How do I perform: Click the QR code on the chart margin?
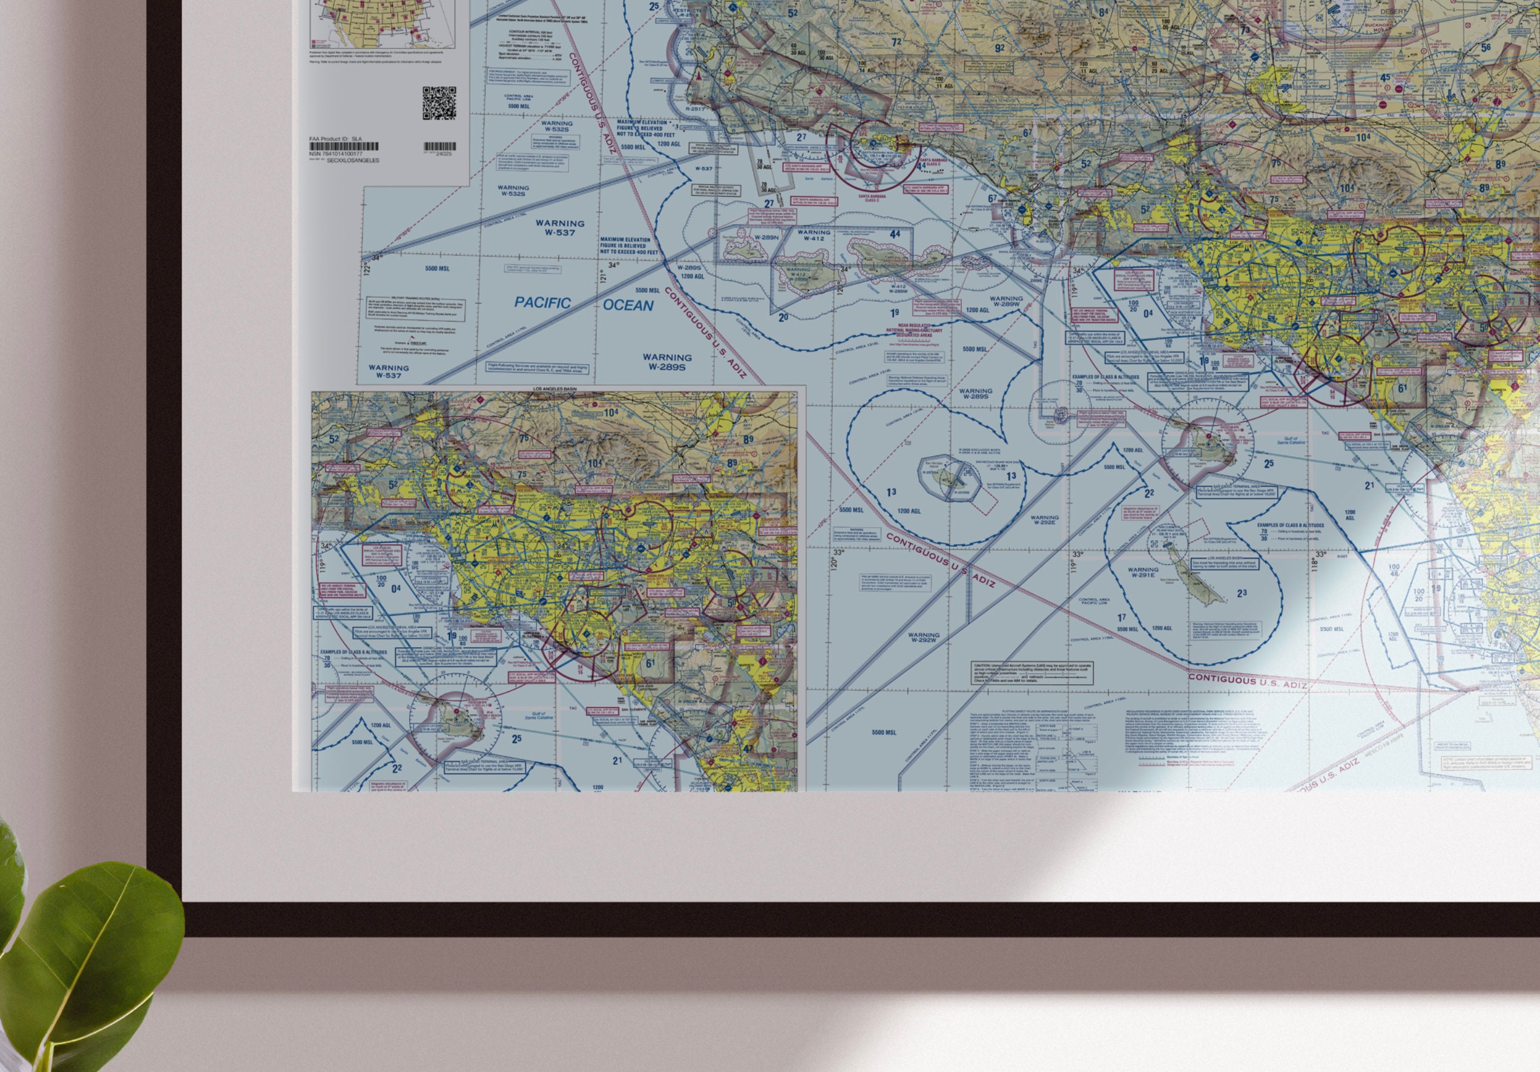439,103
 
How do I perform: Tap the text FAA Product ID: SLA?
335,139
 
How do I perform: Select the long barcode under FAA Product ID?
343,146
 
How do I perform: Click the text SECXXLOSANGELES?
353,161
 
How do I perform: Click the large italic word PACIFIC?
542,303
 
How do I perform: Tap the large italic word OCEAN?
628,306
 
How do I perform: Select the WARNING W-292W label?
923,637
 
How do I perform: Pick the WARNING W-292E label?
1044,521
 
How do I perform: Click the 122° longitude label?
367,267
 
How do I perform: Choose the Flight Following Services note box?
538,368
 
